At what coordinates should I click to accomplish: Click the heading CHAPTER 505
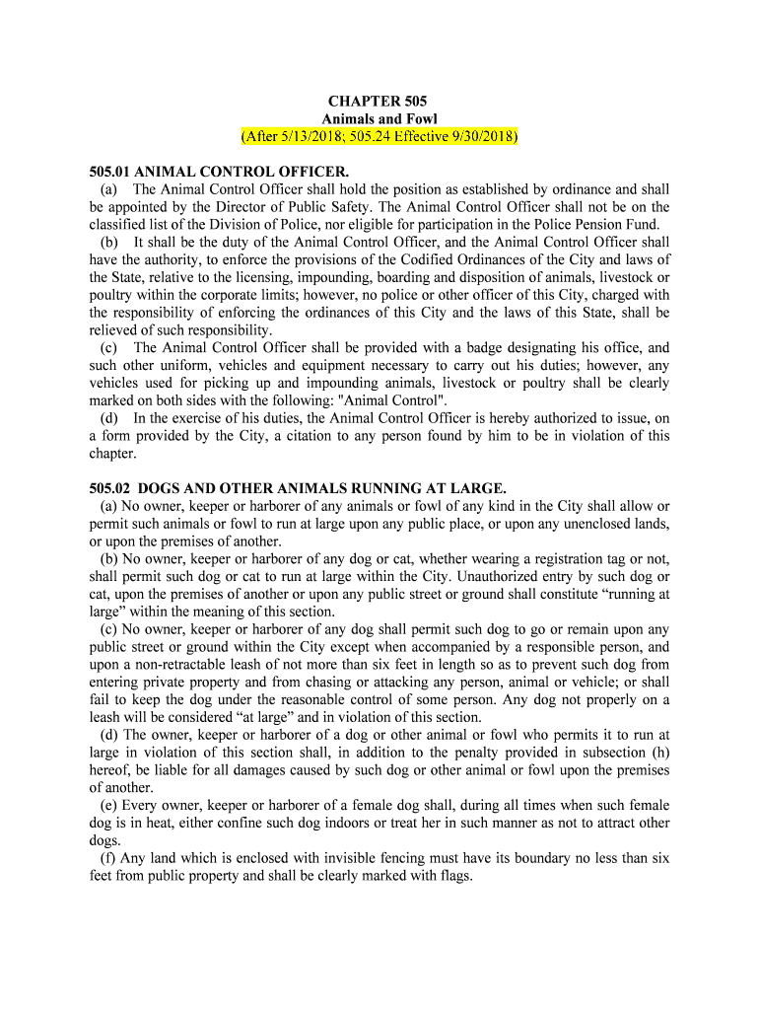(379, 101)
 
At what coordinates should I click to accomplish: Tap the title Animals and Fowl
(379, 118)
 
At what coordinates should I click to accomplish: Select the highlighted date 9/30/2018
(481, 136)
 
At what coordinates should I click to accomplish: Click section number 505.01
(109, 172)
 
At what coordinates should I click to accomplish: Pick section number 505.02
(109, 487)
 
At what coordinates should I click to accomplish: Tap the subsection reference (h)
(659, 752)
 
